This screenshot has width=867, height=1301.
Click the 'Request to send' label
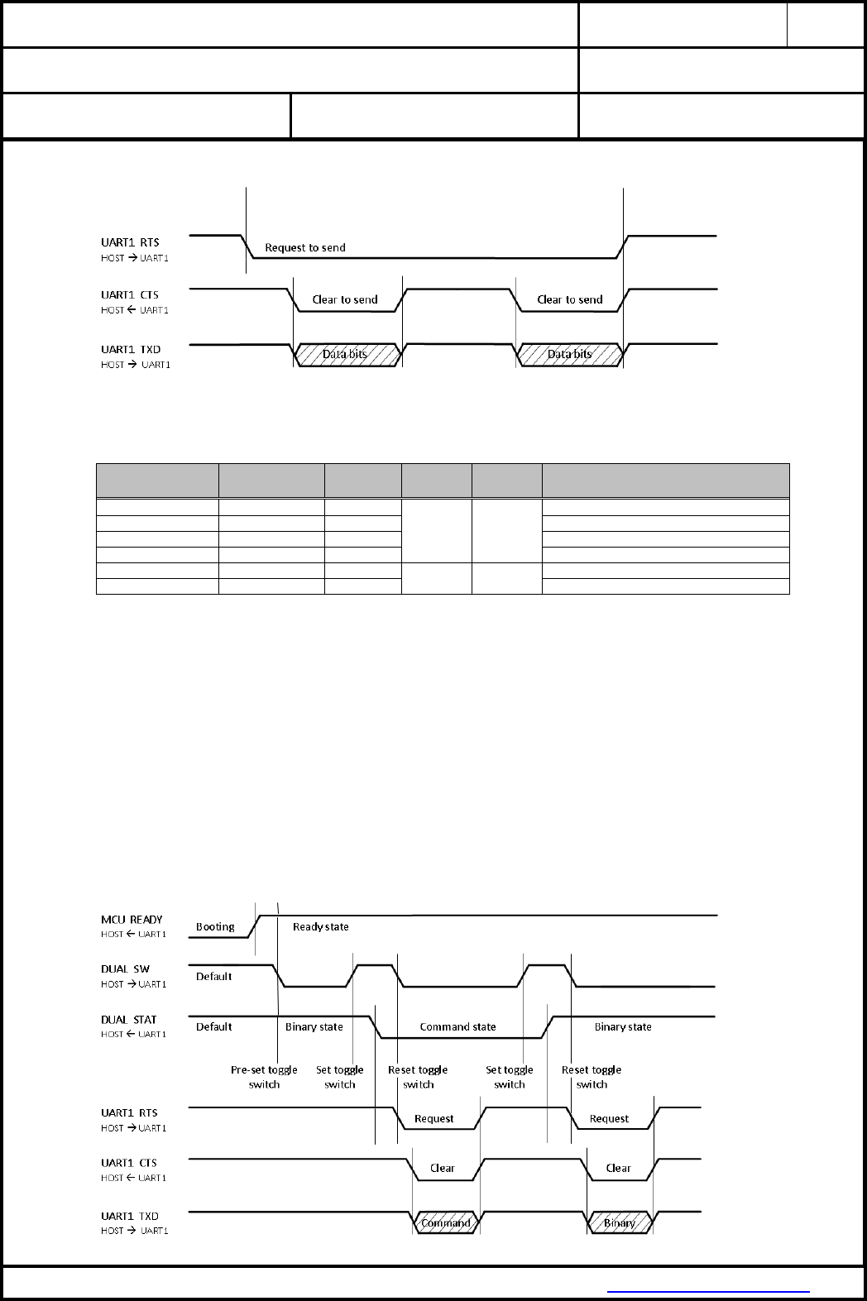[304, 247]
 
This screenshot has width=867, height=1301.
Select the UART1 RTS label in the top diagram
[130, 242]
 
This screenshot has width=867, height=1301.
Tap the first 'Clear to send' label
[345, 299]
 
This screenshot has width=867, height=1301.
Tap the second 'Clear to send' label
[570, 299]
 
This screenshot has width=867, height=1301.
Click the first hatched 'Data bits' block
[347, 354]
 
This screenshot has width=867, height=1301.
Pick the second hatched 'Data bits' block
[570, 354]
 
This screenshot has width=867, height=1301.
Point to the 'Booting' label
[215, 926]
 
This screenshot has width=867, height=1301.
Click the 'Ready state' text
[320, 926]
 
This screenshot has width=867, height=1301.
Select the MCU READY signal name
[132, 919]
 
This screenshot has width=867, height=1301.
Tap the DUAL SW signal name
[125, 969]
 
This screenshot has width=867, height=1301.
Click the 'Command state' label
[457, 1026]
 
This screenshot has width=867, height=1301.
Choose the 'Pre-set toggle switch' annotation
[264, 1077]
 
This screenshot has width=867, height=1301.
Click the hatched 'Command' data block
[446, 1222]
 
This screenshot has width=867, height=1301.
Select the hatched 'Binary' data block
[620, 1222]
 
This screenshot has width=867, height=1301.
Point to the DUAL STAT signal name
[128, 1020]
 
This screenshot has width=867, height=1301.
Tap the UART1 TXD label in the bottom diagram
[129, 1216]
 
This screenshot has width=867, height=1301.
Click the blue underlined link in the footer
[708, 1290]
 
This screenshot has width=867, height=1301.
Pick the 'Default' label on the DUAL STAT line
[213, 1026]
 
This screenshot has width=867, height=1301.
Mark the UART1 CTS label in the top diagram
[130, 294]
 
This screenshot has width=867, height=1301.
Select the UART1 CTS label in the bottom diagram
[129, 1162]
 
